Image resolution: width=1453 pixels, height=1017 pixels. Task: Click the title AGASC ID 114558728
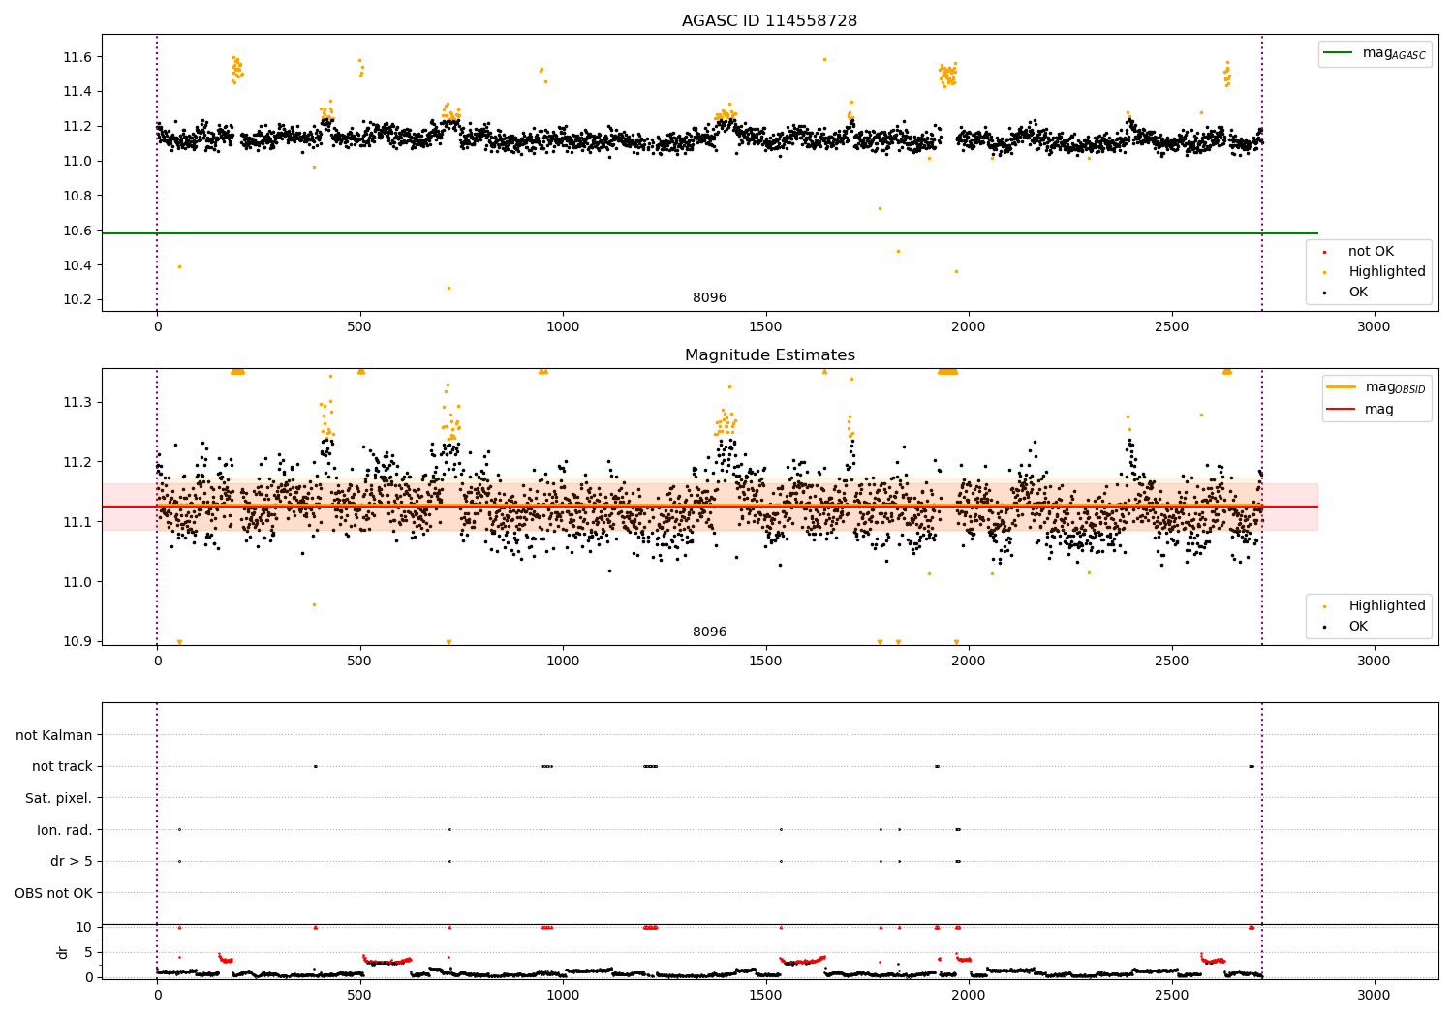coord(769,21)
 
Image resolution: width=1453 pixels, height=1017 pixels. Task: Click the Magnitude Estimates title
coord(769,355)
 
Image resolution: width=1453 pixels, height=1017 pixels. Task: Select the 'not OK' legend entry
coord(1370,252)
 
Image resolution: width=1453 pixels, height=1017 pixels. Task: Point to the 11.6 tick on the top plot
coord(77,57)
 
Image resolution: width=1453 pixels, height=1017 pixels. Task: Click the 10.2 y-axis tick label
coord(77,299)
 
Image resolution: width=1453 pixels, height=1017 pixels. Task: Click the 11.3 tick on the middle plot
coord(77,402)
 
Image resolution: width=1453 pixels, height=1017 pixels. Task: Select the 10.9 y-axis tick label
coord(77,641)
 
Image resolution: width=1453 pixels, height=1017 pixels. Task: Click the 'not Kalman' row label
coord(54,735)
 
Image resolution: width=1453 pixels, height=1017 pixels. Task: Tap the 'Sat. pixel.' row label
coord(58,798)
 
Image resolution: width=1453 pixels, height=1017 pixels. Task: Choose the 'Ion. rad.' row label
coord(64,830)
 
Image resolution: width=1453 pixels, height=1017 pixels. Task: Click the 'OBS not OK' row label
coord(53,893)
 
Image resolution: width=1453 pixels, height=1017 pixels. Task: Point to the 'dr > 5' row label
coord(71,861)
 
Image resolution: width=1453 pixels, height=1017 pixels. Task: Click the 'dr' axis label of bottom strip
coord(63,952)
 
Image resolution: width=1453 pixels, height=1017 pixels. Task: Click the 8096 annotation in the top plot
coord(709,297)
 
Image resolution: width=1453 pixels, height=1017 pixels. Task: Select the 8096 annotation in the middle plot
coord(709,632)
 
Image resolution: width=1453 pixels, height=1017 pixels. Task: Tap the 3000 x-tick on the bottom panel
coord(1374,995)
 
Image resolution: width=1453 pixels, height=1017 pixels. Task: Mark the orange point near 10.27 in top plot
coord(448,288)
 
